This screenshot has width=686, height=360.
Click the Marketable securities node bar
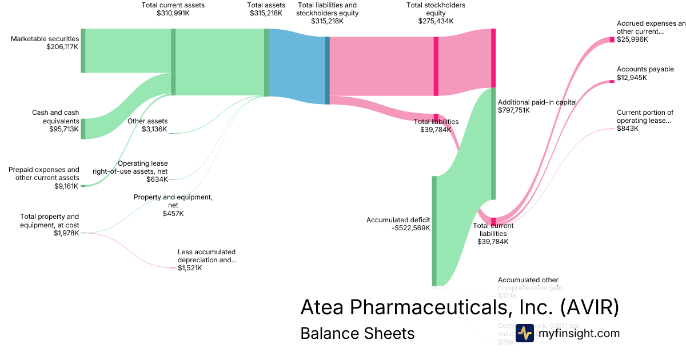[x=83, y=50]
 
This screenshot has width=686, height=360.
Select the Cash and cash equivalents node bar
[x=83, y=129]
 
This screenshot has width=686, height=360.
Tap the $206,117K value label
[x=62, y=47]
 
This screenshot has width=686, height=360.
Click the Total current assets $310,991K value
[x=173, y=13]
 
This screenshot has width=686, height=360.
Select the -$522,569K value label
[x=410, y=228]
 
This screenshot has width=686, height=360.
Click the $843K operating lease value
[x=628, y=129]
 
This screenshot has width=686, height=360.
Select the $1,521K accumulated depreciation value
[x=190, y=268]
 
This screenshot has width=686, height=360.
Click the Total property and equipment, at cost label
[x=50, y=221]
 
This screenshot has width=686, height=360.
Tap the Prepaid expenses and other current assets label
[x=44, y=174]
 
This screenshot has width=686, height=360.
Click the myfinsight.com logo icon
[x=524, y=333]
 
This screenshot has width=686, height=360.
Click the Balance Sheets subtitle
[x=357, y=333]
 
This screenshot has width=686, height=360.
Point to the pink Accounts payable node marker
[x=612, y=82]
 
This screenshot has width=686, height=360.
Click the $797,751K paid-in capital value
[x=514, y=110]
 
